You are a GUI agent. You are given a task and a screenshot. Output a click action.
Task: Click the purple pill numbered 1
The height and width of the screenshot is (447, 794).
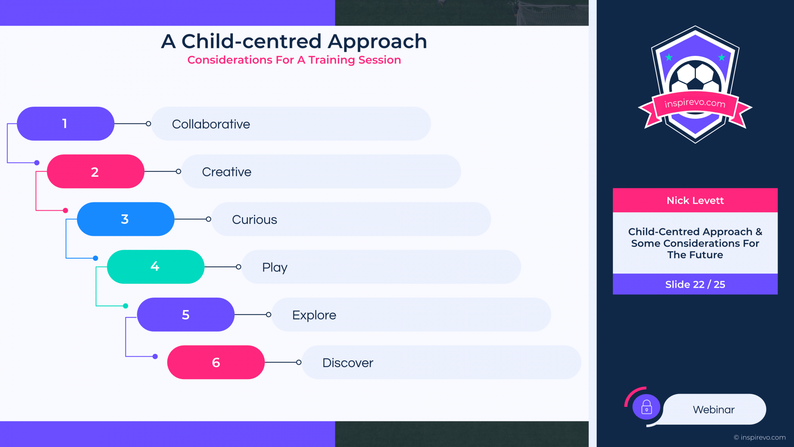[65, 124]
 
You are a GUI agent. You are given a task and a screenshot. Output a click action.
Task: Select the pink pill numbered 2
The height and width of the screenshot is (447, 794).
[96, 171]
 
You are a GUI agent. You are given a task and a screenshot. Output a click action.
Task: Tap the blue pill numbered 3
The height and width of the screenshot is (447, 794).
[126, 219]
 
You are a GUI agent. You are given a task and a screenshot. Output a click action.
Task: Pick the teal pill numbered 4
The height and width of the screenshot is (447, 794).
[155, 267]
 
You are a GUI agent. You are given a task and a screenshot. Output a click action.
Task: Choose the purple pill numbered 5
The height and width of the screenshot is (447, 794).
[186, 315]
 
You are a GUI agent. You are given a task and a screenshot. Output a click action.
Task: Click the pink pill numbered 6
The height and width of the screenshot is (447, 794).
[216, 362]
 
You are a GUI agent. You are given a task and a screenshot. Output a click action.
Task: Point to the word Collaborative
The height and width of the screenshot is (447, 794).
[211, 124]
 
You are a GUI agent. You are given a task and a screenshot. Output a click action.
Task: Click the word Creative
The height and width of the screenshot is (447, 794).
[227, 172]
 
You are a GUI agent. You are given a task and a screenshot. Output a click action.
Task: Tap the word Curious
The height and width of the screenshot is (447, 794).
[254, 219]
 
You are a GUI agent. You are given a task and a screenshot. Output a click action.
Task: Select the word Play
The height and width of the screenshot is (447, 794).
[275, 268]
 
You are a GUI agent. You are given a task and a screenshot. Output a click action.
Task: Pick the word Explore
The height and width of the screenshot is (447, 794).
[314, 315]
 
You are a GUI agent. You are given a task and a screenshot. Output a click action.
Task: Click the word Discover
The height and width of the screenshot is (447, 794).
[348, 363]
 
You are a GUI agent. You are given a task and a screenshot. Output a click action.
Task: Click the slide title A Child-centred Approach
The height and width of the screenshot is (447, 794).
[294, 41]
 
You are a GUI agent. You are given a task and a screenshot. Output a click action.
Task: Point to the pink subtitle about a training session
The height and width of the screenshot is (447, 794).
[294, 60]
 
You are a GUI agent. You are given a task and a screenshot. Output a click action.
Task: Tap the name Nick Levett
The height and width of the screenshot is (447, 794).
[695, 201]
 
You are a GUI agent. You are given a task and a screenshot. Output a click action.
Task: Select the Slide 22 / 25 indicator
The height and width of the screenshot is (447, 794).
[695, 284]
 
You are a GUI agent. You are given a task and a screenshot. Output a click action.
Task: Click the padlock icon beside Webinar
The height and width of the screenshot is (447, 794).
[646, 407]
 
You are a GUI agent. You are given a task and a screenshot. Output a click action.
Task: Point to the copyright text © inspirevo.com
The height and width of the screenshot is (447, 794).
[760, 437]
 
